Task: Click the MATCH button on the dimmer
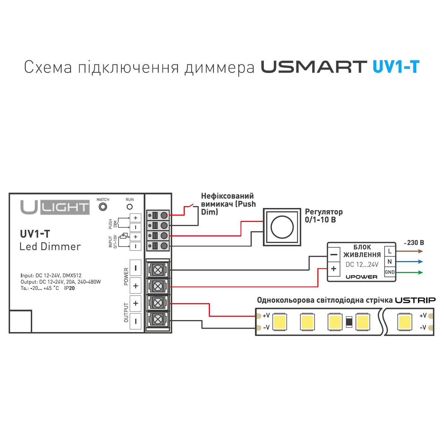point(103,207)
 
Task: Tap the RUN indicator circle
point(129,207)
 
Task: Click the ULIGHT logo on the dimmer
point(55,207)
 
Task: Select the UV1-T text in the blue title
point(396,67)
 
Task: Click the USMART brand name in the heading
point(314,67)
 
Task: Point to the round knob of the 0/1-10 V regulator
point(282,227)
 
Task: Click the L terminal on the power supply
point(390,252)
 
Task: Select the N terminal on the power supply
point(390,262)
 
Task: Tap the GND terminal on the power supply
point(390,272)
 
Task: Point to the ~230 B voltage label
point(414,243)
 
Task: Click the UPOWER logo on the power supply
point(361,277)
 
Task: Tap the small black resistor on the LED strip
point(349,322)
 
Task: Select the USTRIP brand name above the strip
point(415,300)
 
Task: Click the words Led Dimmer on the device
point(50,246)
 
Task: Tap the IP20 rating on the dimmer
point(69,288)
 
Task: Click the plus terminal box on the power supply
point(334,269)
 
